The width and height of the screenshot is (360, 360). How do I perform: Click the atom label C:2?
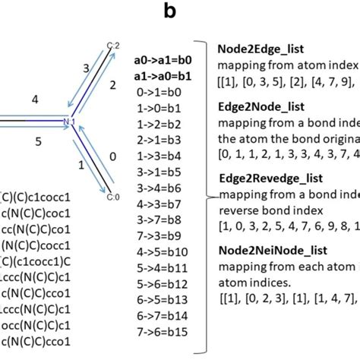pos(112,46)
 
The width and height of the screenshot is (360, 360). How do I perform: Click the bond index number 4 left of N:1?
pos(35,98)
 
